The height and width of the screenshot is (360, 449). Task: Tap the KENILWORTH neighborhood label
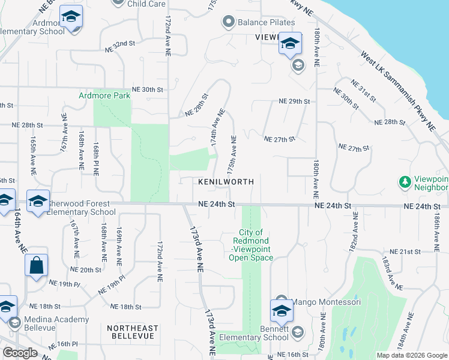[x=226, y=182]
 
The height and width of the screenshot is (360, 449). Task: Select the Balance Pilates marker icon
[x=228, y=23]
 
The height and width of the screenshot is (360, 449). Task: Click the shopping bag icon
[x=36, y=265]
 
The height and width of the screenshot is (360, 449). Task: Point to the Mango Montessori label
[x=327, y=302]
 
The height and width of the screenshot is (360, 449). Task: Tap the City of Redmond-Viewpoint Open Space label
[x=251, y=245]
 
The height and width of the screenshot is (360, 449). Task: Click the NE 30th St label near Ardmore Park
[x=148, y=89]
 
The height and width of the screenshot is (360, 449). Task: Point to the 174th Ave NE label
[x=217, y=128]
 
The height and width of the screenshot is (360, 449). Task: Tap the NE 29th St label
[x=294, y=102]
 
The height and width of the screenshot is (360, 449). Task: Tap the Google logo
[x=20, y=353]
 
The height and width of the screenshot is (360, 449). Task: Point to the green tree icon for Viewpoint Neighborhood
[x=405, y=181]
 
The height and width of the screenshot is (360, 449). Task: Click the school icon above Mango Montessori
[x=280, y=310]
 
